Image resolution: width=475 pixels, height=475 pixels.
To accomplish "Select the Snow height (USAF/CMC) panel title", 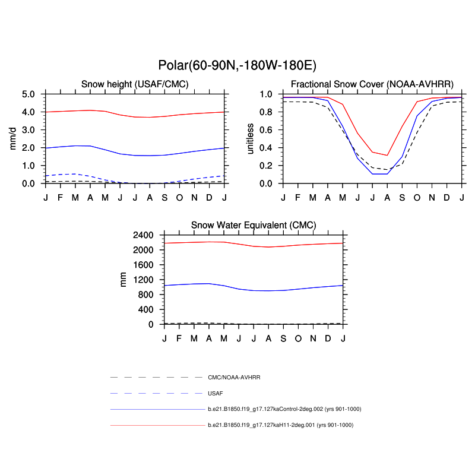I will pyautogui.click(x=135, y=84).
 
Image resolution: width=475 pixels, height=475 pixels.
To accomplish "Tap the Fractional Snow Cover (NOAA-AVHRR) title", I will pyautogui.click(x=372, y=84).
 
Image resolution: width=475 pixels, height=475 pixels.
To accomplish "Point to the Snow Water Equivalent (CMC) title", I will pyautogui.click(x=254, y=225).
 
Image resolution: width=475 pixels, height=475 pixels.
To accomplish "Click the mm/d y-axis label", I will pyautogui.click(x=13, y=138).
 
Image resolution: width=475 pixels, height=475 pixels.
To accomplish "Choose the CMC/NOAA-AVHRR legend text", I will pyautogui.click(x=234, y=378).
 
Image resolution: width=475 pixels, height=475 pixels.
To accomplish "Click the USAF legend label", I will pyautogui.click(x=215, y=393).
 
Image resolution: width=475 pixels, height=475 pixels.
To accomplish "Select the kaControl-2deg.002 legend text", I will pyautogui.click(x=284, y=409).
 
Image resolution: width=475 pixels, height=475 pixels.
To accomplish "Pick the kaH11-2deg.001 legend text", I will pyautogui.click(x=280, y=425).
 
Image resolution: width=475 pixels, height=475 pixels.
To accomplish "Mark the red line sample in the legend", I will pyautogui.click(x=157, y=425).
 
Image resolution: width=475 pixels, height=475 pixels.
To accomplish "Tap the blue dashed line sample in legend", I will pyautogui.click(x=157, y=393).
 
